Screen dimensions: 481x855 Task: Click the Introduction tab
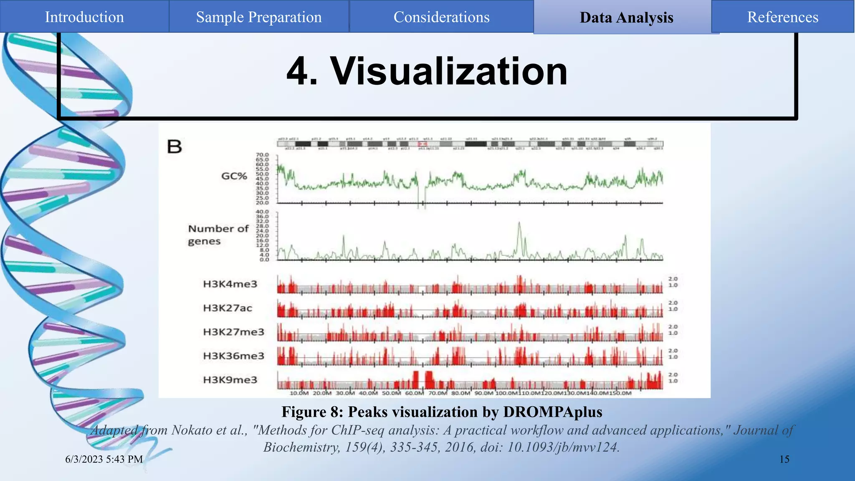(84, 17)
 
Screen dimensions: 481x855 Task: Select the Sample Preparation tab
(259, 17)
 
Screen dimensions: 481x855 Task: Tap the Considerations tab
(441, 17)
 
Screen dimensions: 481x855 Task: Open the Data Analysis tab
(626, 18)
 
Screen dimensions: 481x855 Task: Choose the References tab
(782, 17)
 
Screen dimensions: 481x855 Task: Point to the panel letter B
(175, 147)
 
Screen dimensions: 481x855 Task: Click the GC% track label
(234, 176)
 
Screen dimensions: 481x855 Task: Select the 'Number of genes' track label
(218, 235)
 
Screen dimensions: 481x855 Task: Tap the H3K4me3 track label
(230, 284)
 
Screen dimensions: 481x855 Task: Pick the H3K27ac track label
(228, 308)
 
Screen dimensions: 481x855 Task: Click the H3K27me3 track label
(233, 332)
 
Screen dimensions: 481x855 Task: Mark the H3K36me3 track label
(233, 356)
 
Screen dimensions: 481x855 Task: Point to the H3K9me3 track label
(230, 380)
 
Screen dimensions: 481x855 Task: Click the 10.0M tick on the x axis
(299, 393)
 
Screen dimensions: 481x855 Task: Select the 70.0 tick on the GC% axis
(262, 155)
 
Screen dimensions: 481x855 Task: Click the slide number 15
(784, 459)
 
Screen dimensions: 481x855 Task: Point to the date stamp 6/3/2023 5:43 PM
(104, 459)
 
